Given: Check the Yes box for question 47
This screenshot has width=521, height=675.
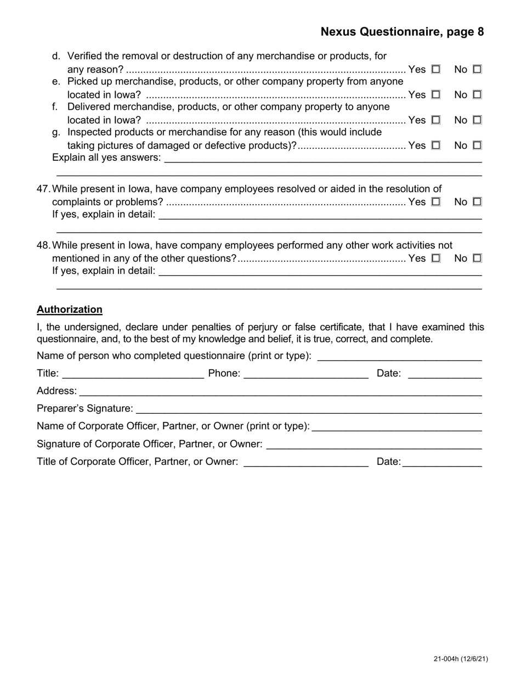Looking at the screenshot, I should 436,202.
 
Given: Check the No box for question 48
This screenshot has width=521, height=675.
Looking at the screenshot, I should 477,258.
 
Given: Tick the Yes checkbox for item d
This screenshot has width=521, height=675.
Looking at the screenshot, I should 436,70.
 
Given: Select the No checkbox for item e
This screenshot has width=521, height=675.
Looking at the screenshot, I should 477,95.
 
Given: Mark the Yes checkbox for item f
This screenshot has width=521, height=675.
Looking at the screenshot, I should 436,120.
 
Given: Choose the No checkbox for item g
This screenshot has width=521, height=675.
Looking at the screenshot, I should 477,145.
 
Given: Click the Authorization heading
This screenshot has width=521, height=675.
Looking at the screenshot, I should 70,310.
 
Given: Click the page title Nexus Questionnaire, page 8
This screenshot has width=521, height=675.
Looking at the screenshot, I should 402,32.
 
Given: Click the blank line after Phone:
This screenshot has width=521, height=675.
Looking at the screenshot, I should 306,374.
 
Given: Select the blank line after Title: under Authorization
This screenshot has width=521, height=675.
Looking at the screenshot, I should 133,374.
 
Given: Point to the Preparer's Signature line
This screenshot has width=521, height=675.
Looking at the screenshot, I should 309,409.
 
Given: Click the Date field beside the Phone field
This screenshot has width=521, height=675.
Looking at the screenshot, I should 445,374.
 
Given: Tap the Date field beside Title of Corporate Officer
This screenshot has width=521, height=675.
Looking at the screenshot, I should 442,463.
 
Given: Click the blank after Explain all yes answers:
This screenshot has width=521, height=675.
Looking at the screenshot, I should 323,159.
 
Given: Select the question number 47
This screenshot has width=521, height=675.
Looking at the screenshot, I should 43,189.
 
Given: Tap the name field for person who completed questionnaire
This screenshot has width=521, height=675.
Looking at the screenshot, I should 399,357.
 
